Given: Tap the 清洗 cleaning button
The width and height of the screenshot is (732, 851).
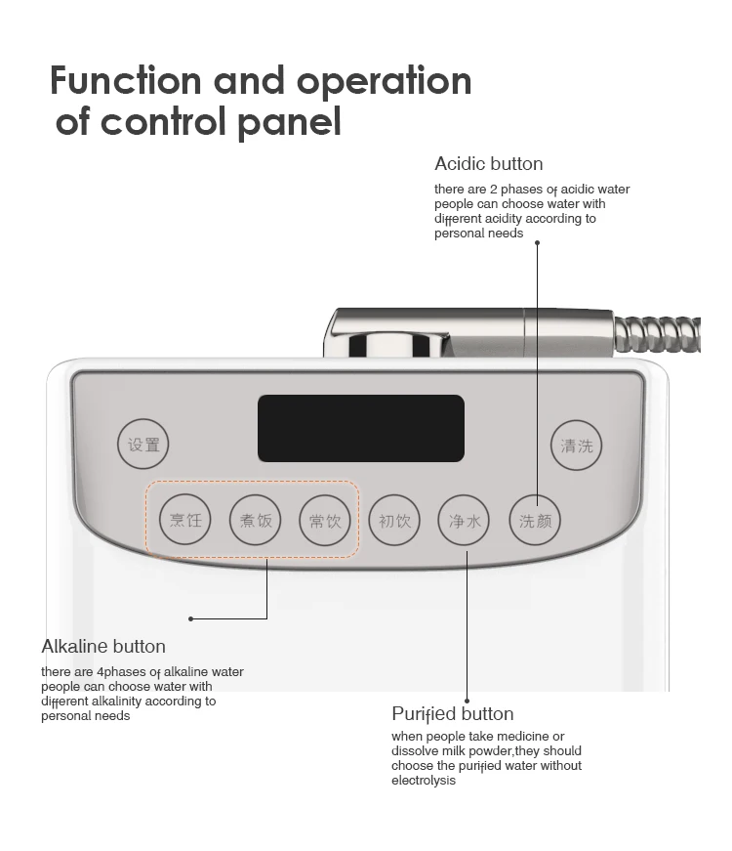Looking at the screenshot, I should tap(576, 446).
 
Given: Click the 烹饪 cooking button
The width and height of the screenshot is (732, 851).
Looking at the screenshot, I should tap(185, 520).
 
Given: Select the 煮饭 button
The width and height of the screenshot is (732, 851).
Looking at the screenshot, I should tap(256, 520).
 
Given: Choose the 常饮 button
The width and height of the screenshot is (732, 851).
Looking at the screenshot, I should tap(325, 520).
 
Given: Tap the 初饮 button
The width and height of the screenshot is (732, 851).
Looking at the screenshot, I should tap(395, 520).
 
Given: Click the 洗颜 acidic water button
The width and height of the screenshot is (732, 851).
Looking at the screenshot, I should tap(536, 520).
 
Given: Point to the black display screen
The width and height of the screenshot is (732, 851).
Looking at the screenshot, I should tap(360, 428).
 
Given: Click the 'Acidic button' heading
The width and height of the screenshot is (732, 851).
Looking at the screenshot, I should tap(488, 163).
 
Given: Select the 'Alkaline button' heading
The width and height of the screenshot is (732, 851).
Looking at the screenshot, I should tap(103, 646).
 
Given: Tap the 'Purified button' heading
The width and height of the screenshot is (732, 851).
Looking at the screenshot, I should tap(452, 713).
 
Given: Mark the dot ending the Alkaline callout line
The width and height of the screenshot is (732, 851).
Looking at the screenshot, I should tap(190, 618).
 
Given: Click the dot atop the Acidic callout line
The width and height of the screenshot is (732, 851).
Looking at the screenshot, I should tap(537, 242).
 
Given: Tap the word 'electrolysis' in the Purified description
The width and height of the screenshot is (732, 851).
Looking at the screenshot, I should tap(424, 781).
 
